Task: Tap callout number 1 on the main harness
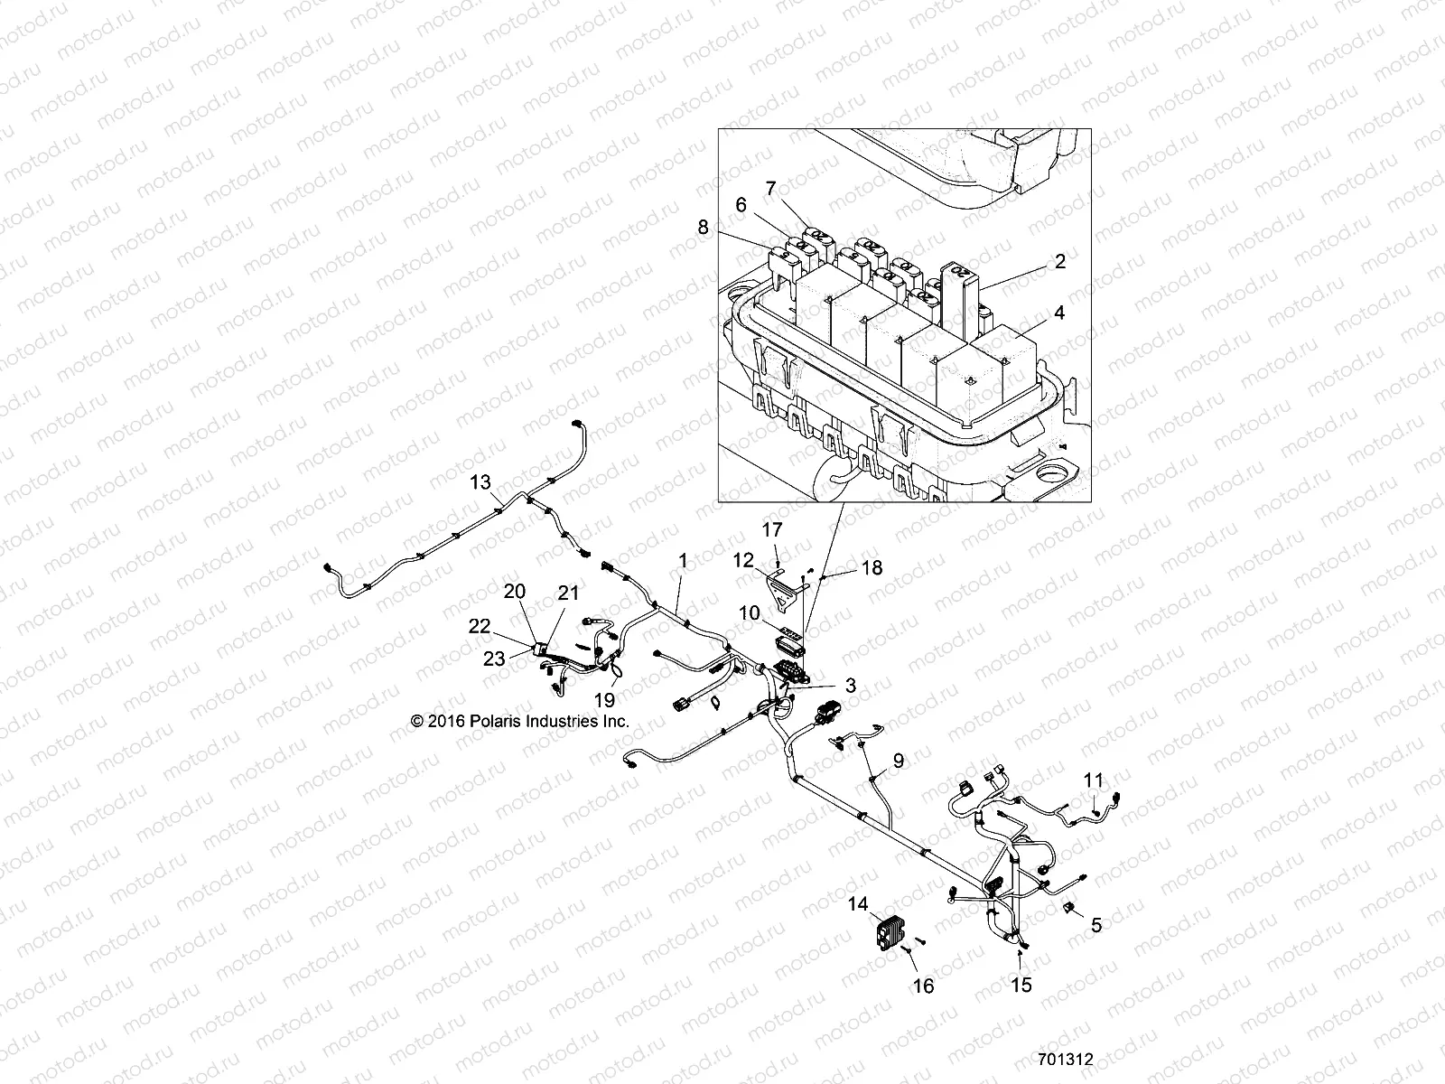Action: (683, 561)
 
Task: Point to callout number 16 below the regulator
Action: (923, 986)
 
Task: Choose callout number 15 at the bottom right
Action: (1021, 986)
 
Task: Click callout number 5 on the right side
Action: (1096, 924)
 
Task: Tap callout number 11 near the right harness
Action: (1094, 780)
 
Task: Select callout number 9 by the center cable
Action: (898, 761)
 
